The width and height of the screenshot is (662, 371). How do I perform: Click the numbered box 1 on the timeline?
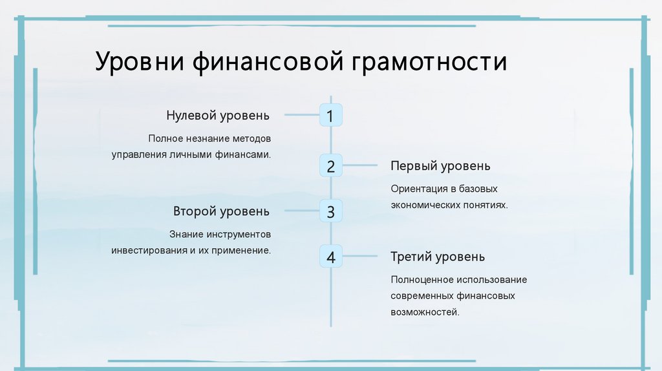pos(330,116)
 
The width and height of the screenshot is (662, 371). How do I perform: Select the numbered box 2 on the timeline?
pos(330,166)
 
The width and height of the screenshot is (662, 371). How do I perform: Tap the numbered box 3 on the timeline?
pos(330,211)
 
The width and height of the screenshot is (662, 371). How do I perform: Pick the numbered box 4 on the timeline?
pos(330,257)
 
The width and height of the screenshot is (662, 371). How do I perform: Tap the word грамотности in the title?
pos(429,63)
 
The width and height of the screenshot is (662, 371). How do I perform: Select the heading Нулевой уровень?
pos(217,116)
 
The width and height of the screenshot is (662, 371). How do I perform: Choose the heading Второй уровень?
pos(221,211)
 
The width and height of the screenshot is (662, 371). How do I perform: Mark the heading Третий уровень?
pos(437,257)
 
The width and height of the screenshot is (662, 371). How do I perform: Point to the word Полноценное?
pos(422,279)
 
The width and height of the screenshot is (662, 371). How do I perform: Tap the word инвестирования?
pos(149,249)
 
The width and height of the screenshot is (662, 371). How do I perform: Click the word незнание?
pos(208,138)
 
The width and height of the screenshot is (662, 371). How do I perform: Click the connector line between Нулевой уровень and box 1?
pos(301,116)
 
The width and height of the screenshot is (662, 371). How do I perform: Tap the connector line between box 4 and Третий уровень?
pos(359,257)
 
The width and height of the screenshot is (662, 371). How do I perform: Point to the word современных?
pos(419,295)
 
